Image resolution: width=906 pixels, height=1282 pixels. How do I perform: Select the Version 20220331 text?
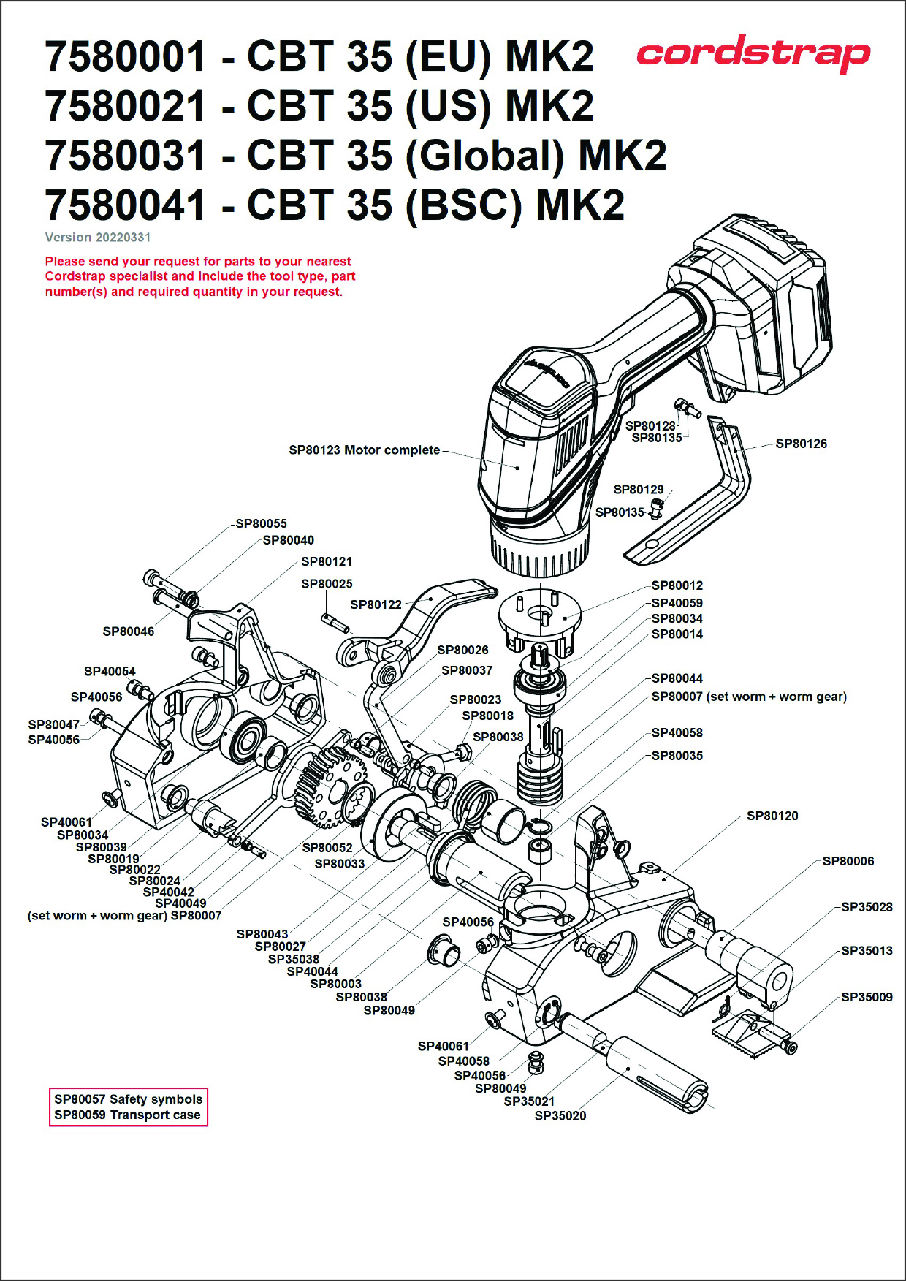coord(98,238)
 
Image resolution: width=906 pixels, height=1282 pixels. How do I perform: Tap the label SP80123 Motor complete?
coord(364,450)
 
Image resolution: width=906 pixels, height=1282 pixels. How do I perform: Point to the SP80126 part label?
coord(801,444)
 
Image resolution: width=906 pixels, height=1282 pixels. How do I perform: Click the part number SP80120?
coord(772,816)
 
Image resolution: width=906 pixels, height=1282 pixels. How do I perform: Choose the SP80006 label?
coord(848,861)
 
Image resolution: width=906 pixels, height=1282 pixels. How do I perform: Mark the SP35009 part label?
coord(867,997)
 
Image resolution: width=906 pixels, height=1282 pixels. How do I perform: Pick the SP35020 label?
coord(560,1115)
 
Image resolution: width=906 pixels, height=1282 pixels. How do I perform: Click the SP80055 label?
coord(261,523)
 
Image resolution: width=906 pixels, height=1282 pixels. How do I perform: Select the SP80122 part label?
coord(376,604)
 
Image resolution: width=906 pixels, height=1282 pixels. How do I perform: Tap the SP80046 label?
coord(129,631)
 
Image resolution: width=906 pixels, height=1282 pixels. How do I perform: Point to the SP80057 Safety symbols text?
coord(128,1099)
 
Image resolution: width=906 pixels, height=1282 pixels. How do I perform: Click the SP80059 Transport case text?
coord(127,1115)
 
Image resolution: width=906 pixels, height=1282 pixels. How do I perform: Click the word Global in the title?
coord(484,156)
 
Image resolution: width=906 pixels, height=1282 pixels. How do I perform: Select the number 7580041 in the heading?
coord(125,205)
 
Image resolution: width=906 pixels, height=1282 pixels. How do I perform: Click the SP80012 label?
coord(677,585)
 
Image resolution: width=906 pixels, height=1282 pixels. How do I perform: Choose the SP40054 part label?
coord(110,671)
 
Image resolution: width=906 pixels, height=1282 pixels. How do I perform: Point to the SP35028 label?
coord(867,907)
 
